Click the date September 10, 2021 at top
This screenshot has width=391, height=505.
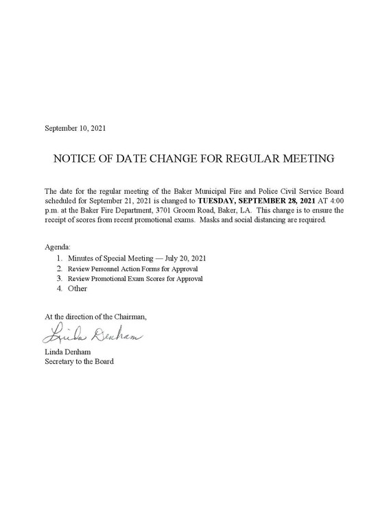pos(75,128)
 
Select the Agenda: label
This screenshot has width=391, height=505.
pos(57,246)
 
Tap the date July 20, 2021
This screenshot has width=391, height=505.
pos(185,258)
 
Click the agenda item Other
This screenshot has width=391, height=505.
pos(78,289)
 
